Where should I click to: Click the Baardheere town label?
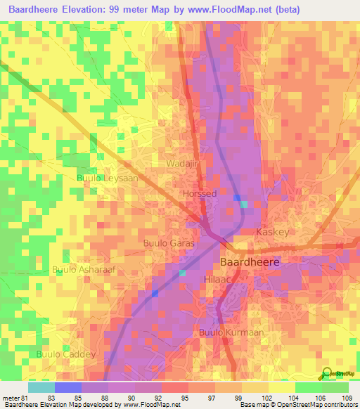250,261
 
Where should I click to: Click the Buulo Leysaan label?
107,178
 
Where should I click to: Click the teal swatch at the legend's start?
41,387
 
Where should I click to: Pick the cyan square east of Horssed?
243,204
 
